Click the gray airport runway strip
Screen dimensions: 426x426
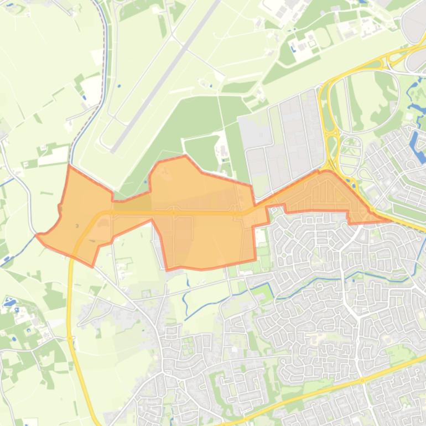(166, 77)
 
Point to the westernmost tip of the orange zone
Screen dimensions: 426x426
(37, 235)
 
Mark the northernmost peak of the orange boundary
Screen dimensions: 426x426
(185, 156)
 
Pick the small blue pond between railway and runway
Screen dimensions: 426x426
(119, 86)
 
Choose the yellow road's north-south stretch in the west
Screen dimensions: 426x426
(70, 310)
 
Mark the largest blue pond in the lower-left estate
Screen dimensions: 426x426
(10, 302)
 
